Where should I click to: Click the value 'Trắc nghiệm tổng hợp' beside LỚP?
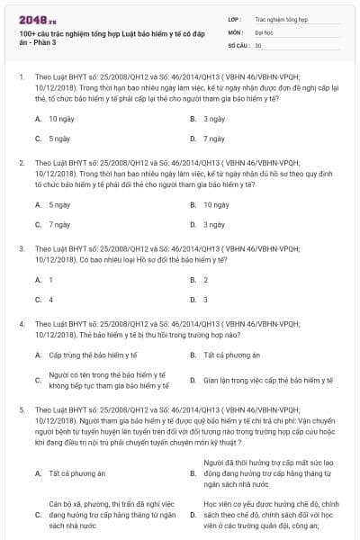tap(279, 18)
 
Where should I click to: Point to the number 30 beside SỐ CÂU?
tap(258, 44)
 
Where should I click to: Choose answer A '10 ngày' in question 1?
tap(61, 119)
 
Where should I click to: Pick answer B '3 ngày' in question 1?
tap(213, 119)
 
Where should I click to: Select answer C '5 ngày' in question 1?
tap(59, 139)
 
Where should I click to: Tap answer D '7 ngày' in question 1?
tap(213, 139)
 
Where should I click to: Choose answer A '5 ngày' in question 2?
tap(59, 204)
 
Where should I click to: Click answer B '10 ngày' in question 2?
tap(215, 204)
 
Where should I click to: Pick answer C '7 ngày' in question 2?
tap(59, 224)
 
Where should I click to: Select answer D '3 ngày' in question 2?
tap(213, 224)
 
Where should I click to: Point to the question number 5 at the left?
tap(21, 409)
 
